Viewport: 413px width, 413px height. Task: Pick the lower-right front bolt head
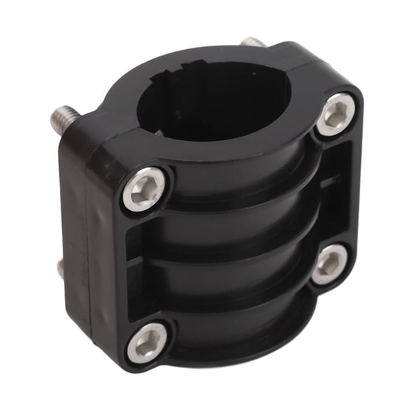(x=329, y=264)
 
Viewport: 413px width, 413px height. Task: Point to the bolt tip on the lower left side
(x=61, y=267)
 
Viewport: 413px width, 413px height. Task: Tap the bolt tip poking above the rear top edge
(x=253, y=43)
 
